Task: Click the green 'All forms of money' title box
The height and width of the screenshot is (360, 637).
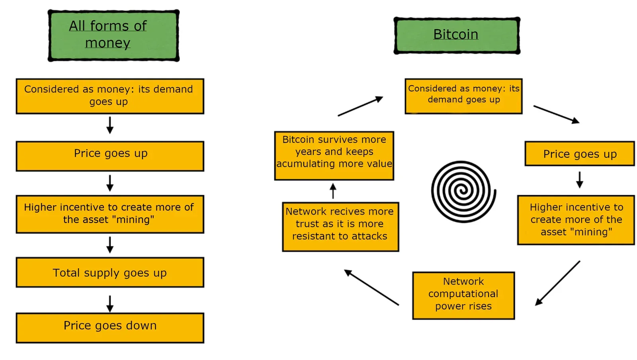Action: click(x=113, y=35)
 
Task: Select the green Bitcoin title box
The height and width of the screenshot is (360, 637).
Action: click(x=457, y=35)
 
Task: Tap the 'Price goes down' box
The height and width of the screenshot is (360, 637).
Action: click(x=110, y=328)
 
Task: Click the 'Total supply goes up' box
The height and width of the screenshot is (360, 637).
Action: click(x=110, y=272)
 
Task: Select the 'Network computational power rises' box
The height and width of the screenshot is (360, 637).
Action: click(x=463, y=295)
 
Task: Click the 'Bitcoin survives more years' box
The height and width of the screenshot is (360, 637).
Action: click(x=334, y=156)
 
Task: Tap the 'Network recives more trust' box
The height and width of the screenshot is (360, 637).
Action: click(x=341, y=227)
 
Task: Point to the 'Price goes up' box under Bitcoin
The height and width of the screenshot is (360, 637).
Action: click(x=580, y=154)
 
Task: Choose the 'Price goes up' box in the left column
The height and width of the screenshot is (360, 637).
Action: click(x=110, y=156)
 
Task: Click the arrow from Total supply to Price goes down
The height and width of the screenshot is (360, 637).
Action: click(x=110, y=304)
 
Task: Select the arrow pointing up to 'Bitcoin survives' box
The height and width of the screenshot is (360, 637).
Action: click(x=333, y=191)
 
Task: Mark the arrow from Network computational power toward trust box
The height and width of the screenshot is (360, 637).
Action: click(x=371, y=287)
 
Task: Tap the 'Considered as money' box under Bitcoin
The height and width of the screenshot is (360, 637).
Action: click(x=463, y=96)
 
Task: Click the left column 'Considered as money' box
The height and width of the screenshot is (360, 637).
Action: click(x=110, y=96)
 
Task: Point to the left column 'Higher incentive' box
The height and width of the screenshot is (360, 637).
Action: click(x=110, y=214)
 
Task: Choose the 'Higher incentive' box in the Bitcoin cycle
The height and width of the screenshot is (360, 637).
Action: click(x=576, y=220)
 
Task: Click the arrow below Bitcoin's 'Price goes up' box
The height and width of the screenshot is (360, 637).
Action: click(x=580, y=180)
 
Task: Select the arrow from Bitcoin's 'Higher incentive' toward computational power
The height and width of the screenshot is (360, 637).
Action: click(x=557, y=283)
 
